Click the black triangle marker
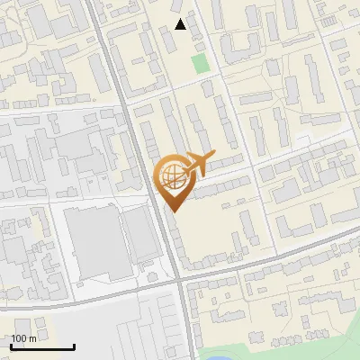181,24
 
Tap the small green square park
200,63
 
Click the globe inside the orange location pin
171,175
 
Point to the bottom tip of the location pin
172,211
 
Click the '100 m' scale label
24,338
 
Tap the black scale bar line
42,346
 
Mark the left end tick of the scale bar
12,345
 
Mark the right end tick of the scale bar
74,345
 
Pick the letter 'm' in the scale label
33,338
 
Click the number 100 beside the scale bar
20,338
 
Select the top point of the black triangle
181,18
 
